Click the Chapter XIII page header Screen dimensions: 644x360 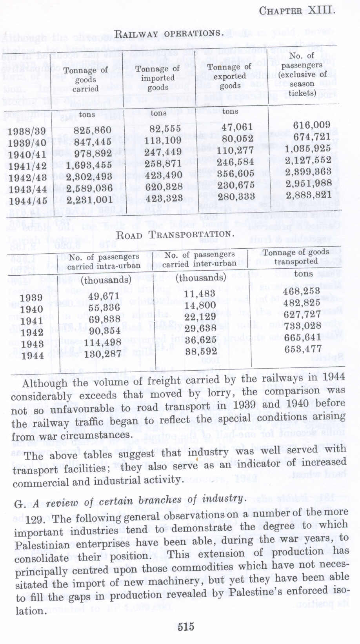[297, 10]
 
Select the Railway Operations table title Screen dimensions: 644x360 [169, 34]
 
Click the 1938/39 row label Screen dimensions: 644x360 [27, 131]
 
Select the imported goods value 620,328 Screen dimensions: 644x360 [163, 186]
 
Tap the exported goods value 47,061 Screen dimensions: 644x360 [237, 127]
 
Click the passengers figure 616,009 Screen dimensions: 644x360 [311, 126]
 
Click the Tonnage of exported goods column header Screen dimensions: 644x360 [230, 76]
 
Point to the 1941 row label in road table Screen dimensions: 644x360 [31, 321]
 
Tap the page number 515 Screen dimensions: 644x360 [185, 626]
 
